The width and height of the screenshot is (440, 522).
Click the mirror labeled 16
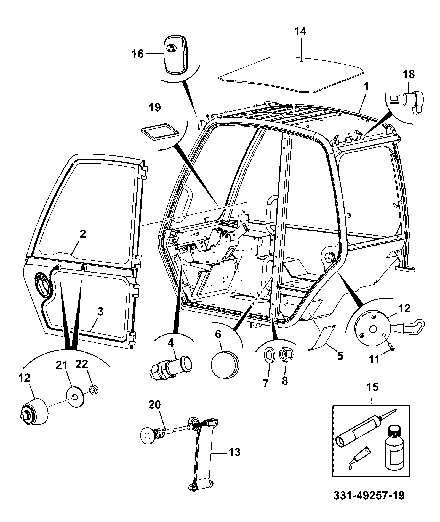coord(176,55)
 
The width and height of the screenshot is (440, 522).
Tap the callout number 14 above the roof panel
coord(300,31)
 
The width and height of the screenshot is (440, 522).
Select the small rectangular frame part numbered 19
coord(159,132)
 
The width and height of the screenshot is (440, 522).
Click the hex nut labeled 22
coord(94,390)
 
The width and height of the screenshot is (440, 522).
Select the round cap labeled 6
coord(225,364)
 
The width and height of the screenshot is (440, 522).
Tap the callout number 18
coord(409,74)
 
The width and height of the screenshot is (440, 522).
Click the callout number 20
coord(155,405)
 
